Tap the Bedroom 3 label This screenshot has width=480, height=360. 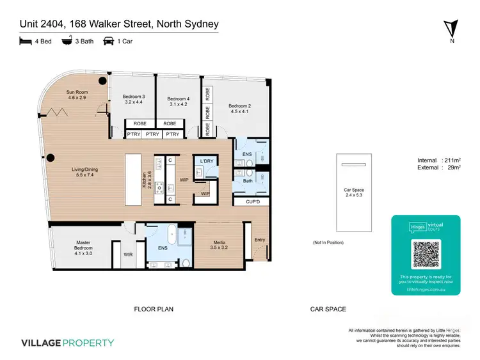coord(135,99)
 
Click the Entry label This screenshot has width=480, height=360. coord(259,240)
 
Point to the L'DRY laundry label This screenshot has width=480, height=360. coord(206,160)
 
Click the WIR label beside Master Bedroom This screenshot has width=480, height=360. coord(128,254)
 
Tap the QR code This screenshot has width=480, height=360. coord(426,255)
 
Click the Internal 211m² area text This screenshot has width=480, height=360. coord(438,160)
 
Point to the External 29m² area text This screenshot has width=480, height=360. coord(438,168)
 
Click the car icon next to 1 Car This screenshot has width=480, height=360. coord(109,42)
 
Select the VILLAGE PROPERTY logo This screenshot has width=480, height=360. coord(67,343)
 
